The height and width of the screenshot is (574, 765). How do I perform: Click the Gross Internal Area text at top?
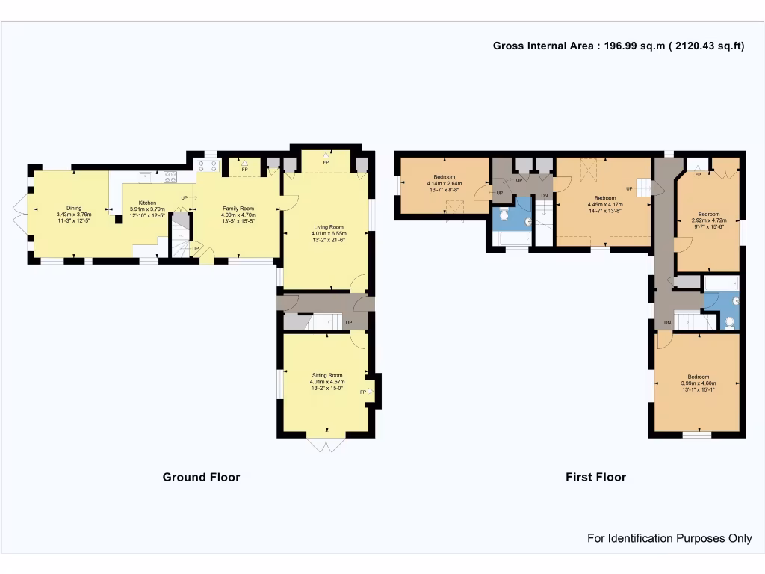[x=619, y=46]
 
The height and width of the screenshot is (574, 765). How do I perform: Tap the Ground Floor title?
[x=201, y=477]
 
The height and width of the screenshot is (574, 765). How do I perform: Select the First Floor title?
[x=595, y=477]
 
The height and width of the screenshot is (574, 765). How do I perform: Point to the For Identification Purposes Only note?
[x=669, y=538]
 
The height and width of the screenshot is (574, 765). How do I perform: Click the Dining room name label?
[x=73, y=209]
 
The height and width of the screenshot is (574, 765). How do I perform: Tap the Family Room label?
[x=238, y=209]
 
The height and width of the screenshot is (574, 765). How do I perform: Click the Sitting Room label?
[x=327, y=375]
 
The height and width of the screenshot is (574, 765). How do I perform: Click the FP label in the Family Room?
[x=244, y=170]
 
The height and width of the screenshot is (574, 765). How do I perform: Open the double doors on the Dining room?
[x=20, y=215]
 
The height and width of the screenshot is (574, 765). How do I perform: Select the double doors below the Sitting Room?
[x=326, y=445]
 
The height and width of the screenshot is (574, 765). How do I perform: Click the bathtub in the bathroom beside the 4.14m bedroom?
[x=512, y=238]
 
